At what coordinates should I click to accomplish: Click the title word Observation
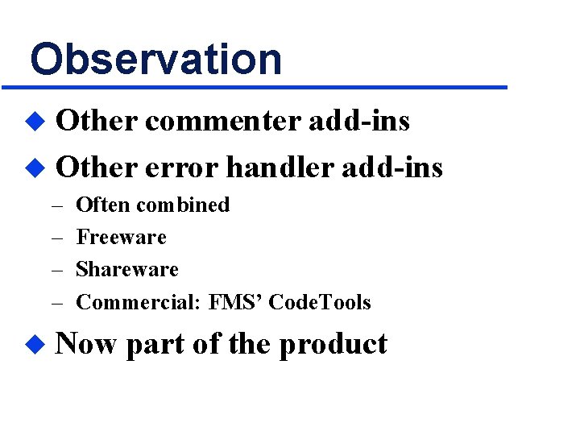156,59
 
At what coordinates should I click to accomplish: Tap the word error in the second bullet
182,167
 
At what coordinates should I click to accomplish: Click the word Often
102,205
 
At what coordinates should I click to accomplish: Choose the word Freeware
121,238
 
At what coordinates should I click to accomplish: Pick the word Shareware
127,270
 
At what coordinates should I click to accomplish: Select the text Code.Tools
320,303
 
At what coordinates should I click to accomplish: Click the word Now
87,344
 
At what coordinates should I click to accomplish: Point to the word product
333,345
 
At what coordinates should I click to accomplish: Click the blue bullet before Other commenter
34,122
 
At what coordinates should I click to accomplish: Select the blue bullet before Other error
34,168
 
